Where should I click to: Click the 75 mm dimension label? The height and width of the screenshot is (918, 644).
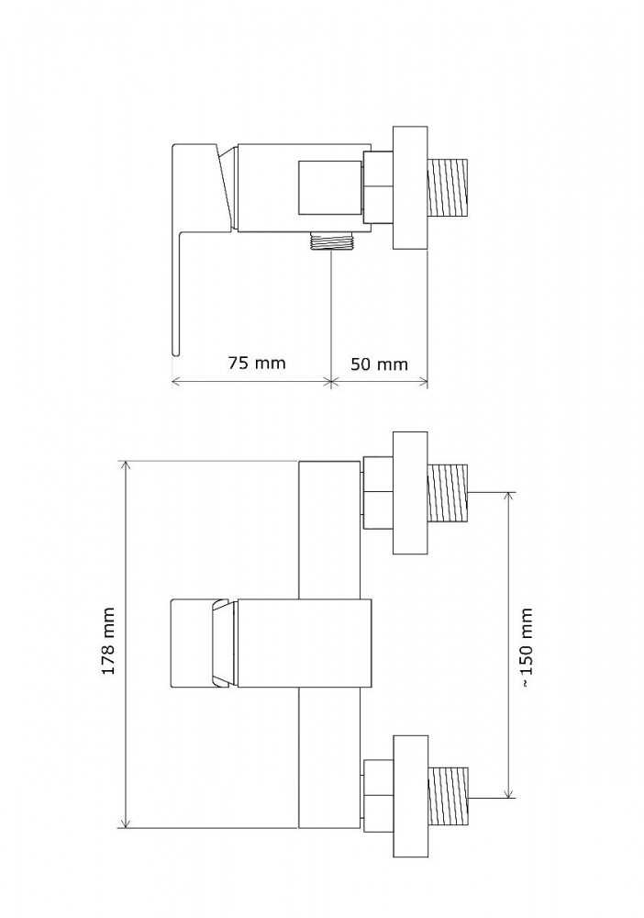pos(257,363)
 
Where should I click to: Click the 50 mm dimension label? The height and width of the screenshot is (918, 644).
pos(379,364)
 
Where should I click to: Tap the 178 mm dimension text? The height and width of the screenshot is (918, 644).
pos(109,641)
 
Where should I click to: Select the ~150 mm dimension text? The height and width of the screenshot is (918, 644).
pos(527,647)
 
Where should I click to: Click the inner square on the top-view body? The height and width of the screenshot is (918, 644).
pos(330,187)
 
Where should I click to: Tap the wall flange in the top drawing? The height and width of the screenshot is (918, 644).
pos(410,187)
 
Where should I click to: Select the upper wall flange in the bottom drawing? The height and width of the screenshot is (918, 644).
pos(410,493)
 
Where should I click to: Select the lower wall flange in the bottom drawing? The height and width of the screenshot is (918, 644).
pos(410,797)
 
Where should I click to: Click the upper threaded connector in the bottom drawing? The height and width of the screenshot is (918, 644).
pos(449,492)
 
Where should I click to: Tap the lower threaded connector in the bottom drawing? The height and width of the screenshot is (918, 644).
pos(449,796)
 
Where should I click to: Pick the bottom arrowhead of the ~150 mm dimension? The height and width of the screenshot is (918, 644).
pos(510,793)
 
